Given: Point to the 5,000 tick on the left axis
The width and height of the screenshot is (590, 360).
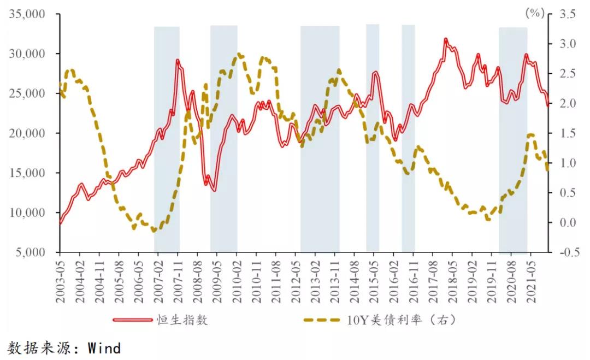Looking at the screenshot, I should click(28, 252).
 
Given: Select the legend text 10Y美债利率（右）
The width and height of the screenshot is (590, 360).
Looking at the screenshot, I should click(401, 320).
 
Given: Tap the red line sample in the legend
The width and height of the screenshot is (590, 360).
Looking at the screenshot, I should click(133, 320).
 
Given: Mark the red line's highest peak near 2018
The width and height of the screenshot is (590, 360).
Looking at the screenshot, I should click(446, 40).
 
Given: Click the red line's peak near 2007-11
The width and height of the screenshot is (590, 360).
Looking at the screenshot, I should click(178, 60).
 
